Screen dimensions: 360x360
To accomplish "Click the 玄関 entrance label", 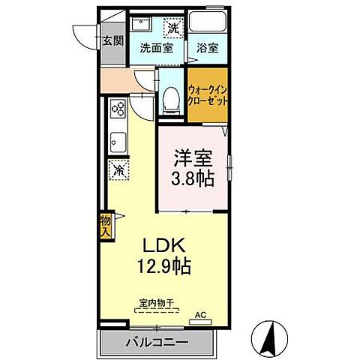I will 113,40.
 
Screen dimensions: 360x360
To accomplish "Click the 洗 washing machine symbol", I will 172,28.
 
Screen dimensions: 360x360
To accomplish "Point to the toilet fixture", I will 170,95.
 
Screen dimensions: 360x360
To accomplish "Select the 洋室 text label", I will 193,160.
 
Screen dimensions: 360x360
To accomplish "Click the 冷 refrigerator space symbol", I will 118,170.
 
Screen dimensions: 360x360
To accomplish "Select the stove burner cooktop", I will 118,110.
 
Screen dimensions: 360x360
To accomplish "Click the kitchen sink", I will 117,140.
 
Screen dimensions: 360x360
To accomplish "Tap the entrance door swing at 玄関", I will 88,34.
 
